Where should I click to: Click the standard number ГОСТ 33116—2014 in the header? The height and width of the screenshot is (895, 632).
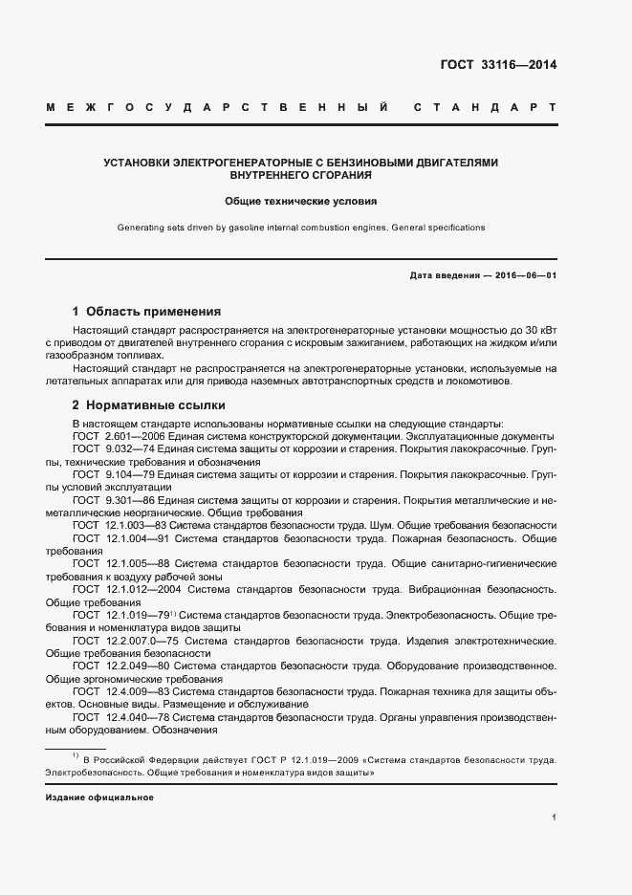click(497, 66)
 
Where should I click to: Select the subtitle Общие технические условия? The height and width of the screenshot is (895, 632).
click(300, 202)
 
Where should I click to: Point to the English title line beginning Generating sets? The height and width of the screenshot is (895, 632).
click(300, 228)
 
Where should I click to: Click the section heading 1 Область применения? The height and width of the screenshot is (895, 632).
click(146, 312)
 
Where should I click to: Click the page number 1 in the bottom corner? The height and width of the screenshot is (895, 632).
click(555, 819)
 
